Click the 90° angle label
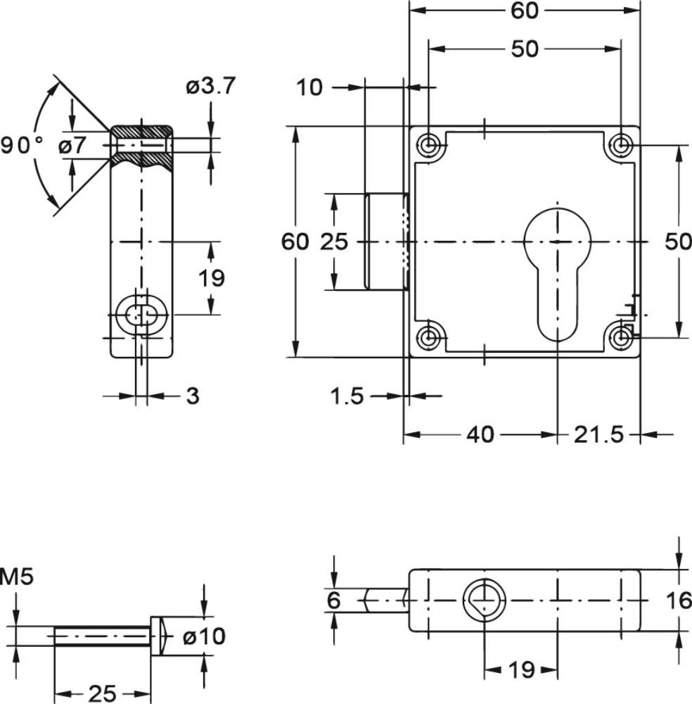[x=23, y=145]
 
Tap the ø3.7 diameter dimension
[x=210, y=86]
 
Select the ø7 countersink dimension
[x=72, y=145]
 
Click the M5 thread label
[x=17, y=577]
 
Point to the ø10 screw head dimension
[x=204, y=636]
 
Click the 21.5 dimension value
[x=598, y=434]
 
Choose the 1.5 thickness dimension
[x=347, y=396]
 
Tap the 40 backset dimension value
[x=480, y=434]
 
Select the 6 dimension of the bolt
[x=333, y=601]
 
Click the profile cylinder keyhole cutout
[x=558, y=275]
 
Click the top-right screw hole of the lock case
[x=622, y=145]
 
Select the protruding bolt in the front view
[x=385, y=241]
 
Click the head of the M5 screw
[x=158, y=636]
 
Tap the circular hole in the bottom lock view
[x=485, y=601]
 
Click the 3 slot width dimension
[x=192, y=396]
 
